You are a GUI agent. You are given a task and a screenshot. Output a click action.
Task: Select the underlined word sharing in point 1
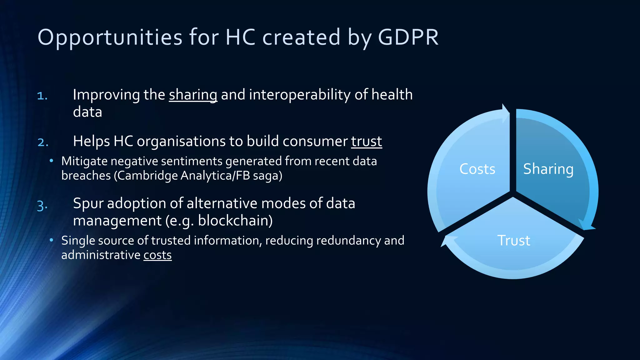click(x=193, y=95)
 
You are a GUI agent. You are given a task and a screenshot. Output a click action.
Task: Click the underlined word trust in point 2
click(x=366, y=141)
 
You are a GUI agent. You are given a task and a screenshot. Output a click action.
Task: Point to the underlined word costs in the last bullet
click(x=157, y=255)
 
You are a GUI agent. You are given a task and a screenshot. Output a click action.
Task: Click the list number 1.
click(x=42, y=96)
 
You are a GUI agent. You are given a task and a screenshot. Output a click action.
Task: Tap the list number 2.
click(x=43, y=142)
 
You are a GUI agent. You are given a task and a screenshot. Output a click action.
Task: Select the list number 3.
click(x=42, y=206)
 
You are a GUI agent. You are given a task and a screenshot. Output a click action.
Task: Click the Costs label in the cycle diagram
click(x=477, y=169)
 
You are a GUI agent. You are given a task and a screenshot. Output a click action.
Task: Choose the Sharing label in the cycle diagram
click(x=548, y=169)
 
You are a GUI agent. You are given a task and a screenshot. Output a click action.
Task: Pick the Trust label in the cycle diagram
click(x=513, y=241)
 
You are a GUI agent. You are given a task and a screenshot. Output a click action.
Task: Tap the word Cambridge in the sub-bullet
click(x=147, y=176)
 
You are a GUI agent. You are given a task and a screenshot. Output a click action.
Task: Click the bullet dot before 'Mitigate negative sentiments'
click(x=52, y=161)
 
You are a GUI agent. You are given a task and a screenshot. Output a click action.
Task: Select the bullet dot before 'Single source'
click(x=52, y=240)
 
